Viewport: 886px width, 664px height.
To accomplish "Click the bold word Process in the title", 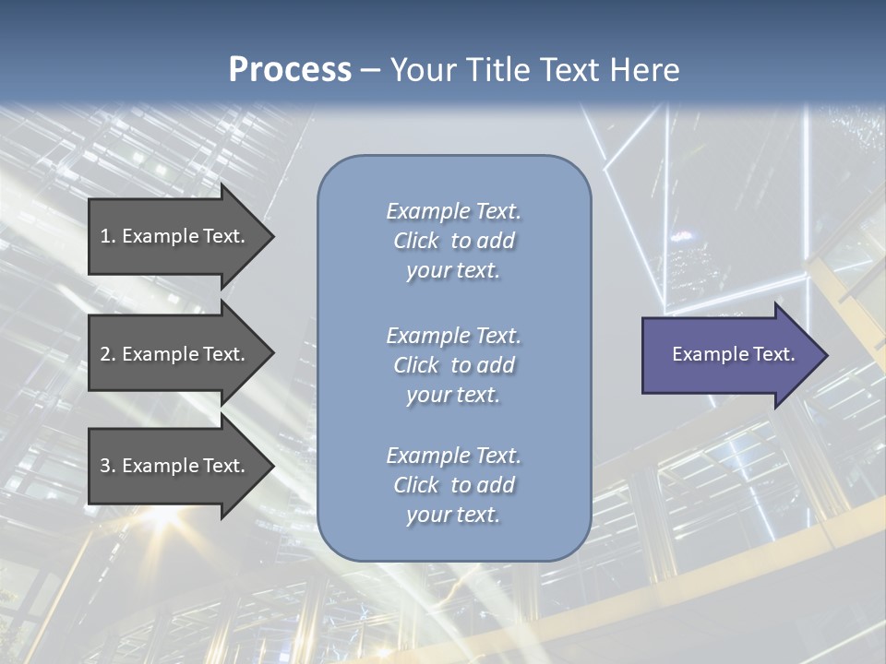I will point(290,70).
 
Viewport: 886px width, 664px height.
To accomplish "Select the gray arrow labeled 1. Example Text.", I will point(175,236).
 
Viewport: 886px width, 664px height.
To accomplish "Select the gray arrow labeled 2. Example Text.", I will point(175,354).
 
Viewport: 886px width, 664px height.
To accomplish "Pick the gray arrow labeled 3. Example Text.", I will point(175,466).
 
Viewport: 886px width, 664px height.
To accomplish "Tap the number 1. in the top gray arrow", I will point(107,236).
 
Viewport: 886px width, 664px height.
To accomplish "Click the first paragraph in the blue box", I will point(453,241).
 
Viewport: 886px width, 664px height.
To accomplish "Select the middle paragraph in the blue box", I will point(453,365).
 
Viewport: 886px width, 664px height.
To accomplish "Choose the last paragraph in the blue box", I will point(453,485).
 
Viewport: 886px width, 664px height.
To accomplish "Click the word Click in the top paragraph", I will point(416,241).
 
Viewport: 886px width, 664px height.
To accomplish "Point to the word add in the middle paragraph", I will point(496,365).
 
